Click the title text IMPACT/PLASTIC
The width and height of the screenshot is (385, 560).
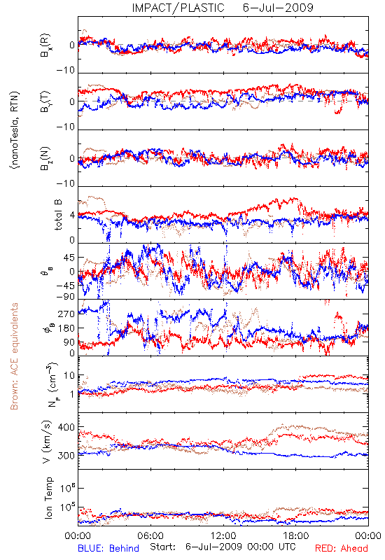(x=178, y=8)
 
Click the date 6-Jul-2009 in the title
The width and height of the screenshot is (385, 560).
(x=278, y=8)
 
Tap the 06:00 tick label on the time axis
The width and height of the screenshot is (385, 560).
(x=150, y=535)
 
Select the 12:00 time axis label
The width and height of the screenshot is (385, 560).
(x=223, y=535)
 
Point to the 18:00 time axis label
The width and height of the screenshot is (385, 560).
(x=296, y=535)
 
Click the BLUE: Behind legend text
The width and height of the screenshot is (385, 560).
(x=108, y=548)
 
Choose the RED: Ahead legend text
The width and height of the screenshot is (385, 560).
(x=341, y=548)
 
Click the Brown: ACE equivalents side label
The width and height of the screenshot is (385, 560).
(x=14, y=356)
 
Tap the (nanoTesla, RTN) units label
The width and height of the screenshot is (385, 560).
(x=15, y=130)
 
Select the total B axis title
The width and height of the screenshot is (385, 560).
(x=58, y=215)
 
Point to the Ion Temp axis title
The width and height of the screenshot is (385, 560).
(x=48, y=498)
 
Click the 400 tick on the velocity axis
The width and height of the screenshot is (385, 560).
(x=66, y=427)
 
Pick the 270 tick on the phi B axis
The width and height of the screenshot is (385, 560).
(x=66, y=314)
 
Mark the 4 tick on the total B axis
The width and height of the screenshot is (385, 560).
(x=72, y=216)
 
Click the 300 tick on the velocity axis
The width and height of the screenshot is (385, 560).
(x=66, y=456)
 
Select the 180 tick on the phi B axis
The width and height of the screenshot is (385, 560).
(x=66, y=328)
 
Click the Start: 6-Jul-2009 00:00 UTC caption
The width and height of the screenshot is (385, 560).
(x=223, y=547)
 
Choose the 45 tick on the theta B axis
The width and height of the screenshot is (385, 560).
(x=69, y=258)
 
